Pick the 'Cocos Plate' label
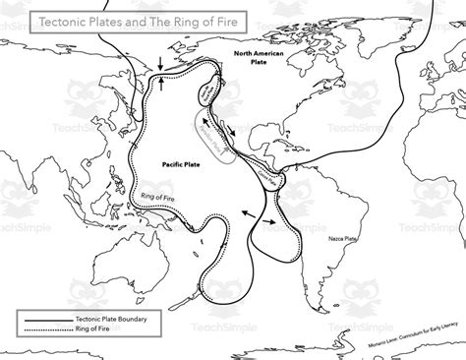[272, 180]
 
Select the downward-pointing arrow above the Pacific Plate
[153, 68]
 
